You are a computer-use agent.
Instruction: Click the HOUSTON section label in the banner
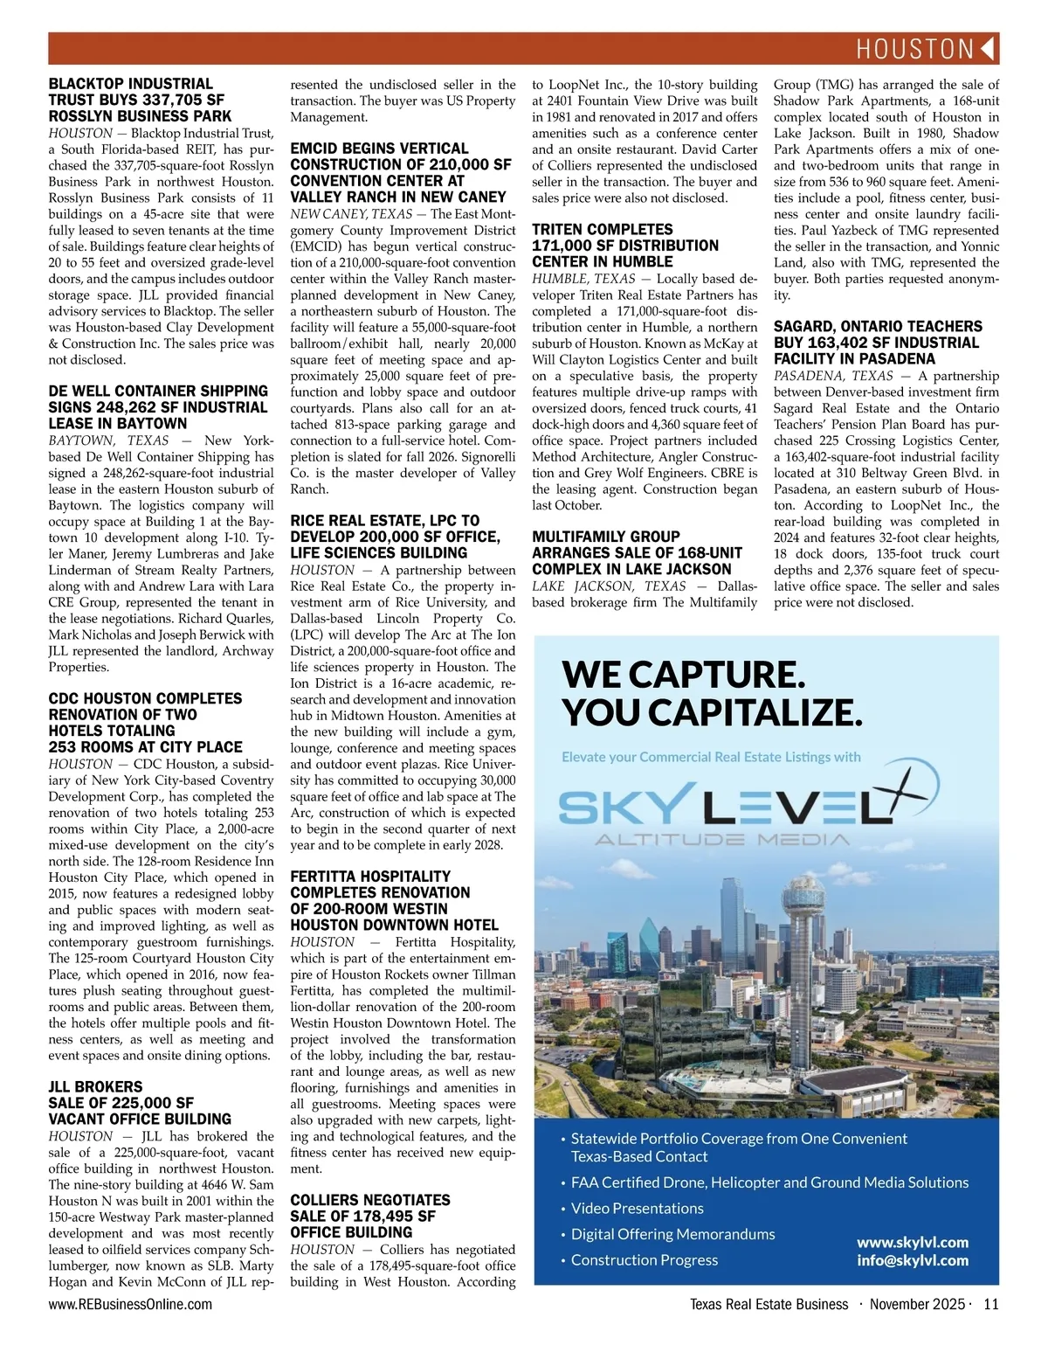coord(914,49)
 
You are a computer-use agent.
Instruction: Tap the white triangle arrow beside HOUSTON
coord(988,49)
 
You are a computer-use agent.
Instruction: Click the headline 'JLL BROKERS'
coord(95,1087)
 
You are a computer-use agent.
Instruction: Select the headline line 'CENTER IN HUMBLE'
coord(602,261)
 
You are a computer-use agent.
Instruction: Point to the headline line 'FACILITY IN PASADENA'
coord(854,358)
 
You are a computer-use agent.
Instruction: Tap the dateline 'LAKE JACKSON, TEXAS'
coord(609,586)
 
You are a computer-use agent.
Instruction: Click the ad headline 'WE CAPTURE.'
coord(683,674)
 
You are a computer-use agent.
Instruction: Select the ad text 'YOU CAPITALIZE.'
coord(712,713)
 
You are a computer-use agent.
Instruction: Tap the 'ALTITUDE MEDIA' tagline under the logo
coord(721,840)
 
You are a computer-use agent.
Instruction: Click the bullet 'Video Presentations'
coord(637,1208)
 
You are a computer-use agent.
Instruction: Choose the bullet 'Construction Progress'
coord(644,1259)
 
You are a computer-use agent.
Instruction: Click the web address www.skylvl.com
coord(912,1242)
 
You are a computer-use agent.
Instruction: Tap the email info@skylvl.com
coord(912,1259)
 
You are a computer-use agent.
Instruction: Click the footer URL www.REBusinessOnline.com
coord(130,1304)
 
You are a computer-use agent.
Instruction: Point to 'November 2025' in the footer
coord(916,1304)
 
